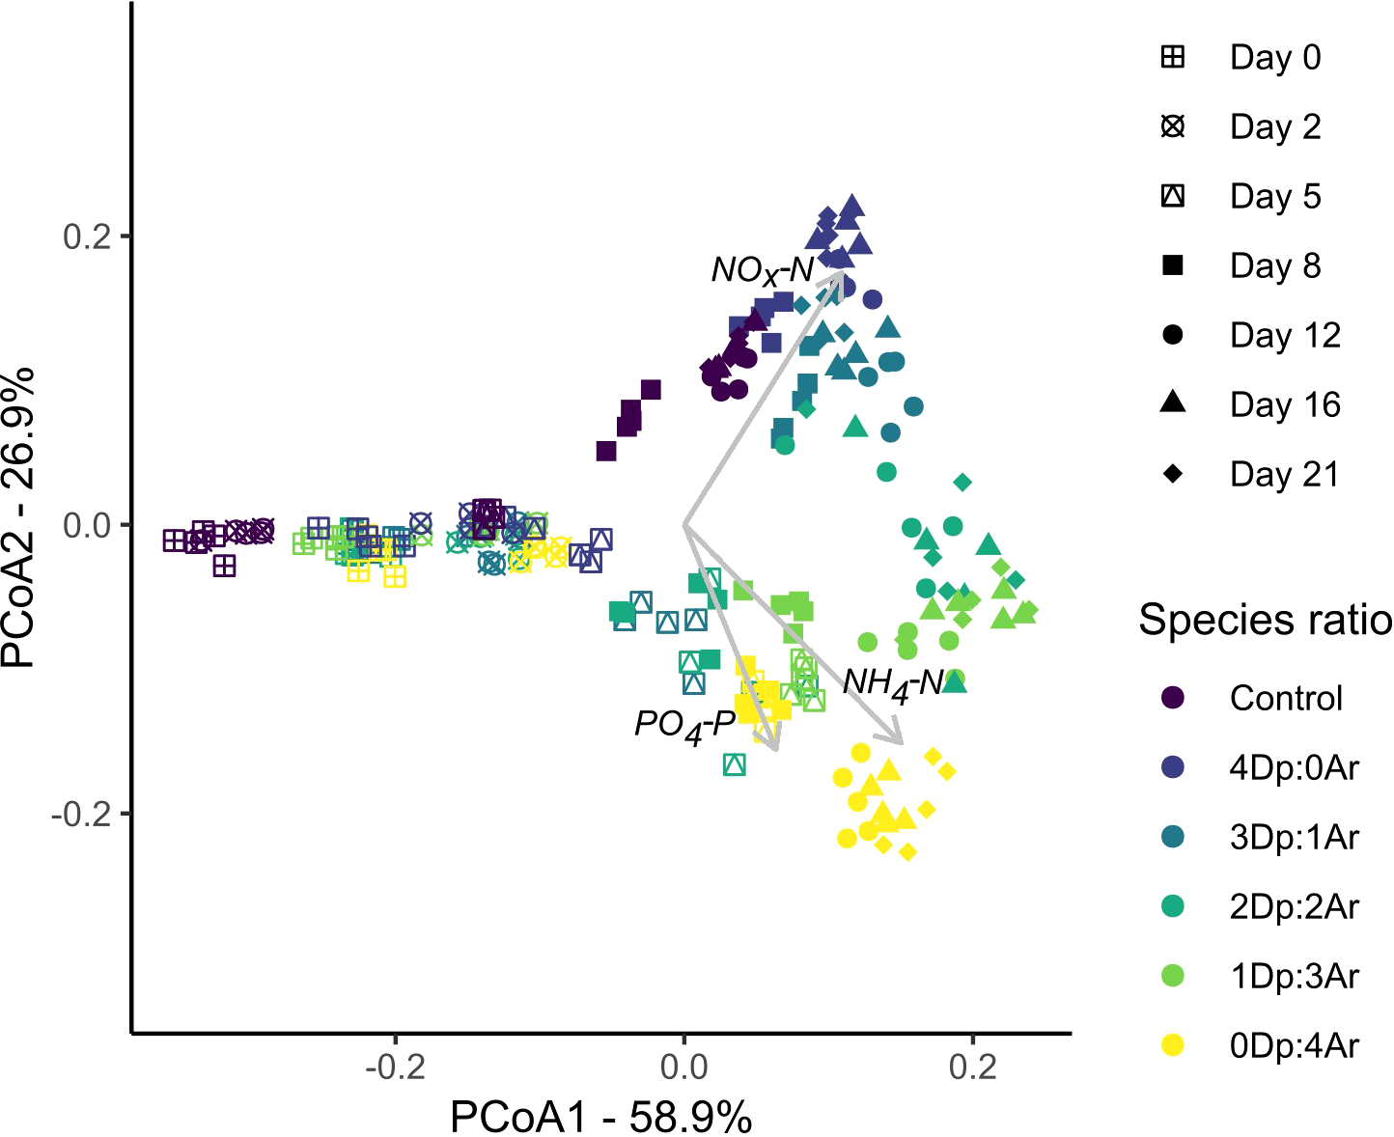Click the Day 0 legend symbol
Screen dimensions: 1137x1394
pos(1173,58)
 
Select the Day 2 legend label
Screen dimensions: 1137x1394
pos(1274,127)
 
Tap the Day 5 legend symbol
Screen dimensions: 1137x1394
pos(1173,197)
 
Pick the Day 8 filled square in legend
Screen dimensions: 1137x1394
pos(1173,266)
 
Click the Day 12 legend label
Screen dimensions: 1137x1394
pos(1285,336)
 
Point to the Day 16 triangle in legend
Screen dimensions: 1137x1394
pos(1173,403)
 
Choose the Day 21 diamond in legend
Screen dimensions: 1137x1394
pos(1173,475)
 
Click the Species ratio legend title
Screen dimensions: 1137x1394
pos(1265,620)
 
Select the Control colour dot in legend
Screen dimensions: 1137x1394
pos(1173,698)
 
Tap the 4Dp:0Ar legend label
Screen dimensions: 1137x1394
pos(1294,768)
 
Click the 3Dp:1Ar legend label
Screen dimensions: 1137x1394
pos(1294,838)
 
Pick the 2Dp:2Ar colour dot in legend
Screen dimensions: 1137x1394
pos(1173,907)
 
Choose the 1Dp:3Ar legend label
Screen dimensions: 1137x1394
pos(1294,977)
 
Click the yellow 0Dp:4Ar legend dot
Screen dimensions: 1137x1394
pos(1173,1045)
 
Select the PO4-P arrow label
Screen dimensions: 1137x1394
pos(684,725)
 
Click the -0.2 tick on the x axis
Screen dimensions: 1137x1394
pos(394,1069)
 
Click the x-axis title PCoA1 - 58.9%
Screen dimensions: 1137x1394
pos(600,1118)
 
